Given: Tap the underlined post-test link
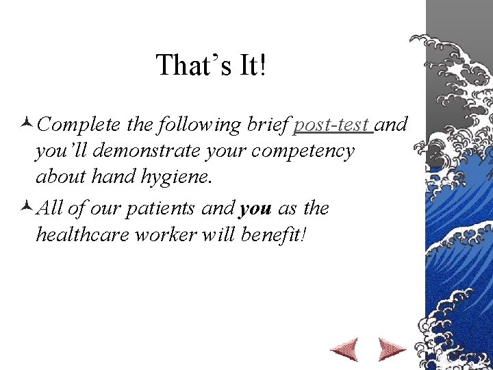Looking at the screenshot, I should pos(332,125).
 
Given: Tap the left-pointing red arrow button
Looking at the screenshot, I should pos(344,349).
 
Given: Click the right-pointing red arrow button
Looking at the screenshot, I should pos(392,349).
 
